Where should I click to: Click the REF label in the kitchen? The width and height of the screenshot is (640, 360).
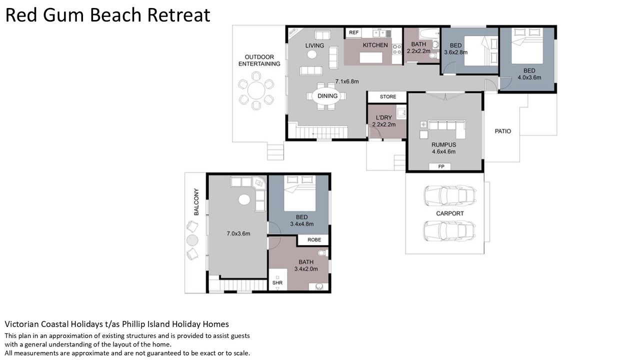click(x=353, y=32)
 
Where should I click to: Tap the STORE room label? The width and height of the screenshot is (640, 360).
click(x=388, y=96)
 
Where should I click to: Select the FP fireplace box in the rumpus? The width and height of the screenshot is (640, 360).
click(x=441, y=166)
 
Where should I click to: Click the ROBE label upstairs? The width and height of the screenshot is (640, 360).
click(x=314, y=239)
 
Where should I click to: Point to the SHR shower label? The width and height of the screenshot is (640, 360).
click(x=277, y=282)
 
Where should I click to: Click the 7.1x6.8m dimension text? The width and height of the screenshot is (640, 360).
click(x=347, y=81)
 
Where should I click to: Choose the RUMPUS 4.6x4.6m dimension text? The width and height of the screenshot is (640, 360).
click(x=443, y=151)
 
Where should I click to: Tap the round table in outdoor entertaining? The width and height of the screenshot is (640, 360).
click(x=256, y=90)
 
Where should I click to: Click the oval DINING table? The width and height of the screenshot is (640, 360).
click(x=327, y=96)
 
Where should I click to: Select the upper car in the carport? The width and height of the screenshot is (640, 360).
click(x=450, y=195)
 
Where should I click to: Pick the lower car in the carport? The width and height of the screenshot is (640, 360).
click(x=450, y=231)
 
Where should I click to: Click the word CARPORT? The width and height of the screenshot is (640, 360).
click(x=450, y=213)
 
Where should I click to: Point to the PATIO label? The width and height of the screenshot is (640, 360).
click(x=503, y=131)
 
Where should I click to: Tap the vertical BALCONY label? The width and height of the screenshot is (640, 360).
click(x=196, y=201)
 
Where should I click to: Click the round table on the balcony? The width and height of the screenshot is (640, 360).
click(x=192, y=240)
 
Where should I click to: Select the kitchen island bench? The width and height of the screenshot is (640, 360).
click(x=371, y=57)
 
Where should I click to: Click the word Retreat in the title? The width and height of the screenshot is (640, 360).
click(x=178, y=15)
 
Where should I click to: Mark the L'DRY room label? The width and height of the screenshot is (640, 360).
click(x=383, y=117)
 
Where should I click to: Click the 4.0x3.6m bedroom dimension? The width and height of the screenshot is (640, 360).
click(x=529, y=77)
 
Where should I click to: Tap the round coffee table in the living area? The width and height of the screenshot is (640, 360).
click(x=312, y=54)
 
